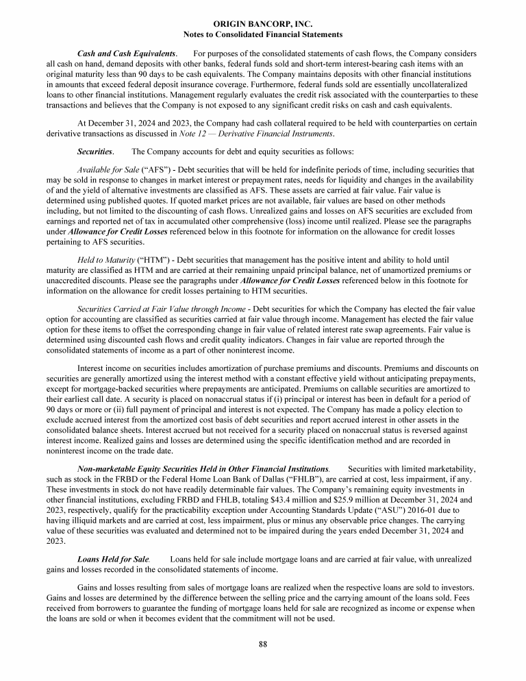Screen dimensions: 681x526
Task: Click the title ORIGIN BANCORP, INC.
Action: (x=263, y=24)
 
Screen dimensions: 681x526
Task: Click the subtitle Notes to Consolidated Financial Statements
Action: (x=263, y=34)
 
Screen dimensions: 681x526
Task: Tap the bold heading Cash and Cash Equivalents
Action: (x=127, y=53)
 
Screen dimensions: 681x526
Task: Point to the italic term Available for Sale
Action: (x=108, y=169)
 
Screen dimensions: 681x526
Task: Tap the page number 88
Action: (x=263, y=643)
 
